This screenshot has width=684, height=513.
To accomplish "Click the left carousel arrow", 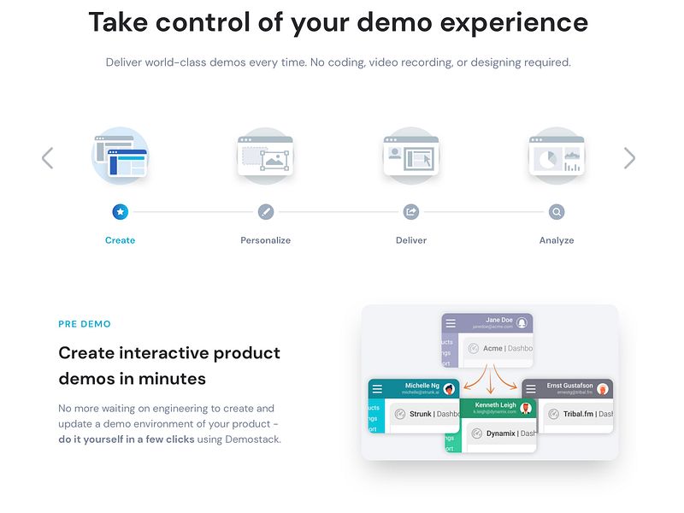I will point(48,157).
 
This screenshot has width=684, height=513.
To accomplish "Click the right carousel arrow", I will point(629,157).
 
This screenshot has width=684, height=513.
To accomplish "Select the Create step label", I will point(120,240).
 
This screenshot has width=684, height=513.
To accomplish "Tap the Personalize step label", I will point(265,240).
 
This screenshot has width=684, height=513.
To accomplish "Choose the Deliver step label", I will point(410,240).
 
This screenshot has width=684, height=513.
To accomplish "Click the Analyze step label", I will point(556,240).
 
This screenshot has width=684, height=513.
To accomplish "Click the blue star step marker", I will point(120,211).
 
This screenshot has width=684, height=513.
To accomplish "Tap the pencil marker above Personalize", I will point(265,211).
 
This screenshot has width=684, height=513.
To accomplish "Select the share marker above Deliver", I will point(410,211).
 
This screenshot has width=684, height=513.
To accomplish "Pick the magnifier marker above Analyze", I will point(556,211).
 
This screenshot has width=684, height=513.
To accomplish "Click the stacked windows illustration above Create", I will point(120,156).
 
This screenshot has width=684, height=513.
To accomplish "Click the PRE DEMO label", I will point(84,324).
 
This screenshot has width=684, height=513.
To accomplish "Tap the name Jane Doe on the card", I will point(498,320).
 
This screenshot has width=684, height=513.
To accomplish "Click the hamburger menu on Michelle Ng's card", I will point(377,388).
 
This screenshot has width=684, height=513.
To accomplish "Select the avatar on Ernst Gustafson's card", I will point(602,389).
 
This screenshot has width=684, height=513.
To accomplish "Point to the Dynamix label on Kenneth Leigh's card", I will point(500,433).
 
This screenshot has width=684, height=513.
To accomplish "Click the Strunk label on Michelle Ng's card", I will point(419,415).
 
